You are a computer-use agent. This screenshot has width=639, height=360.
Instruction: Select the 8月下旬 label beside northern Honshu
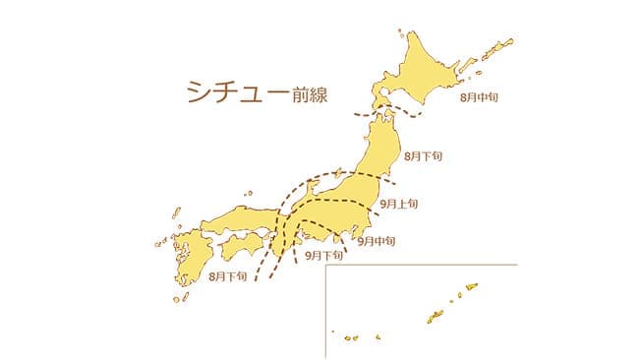425,156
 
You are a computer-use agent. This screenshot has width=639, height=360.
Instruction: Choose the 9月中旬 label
377,240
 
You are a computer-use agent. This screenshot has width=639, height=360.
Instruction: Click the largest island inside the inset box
435,317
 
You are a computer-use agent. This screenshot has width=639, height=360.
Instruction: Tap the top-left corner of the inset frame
327,266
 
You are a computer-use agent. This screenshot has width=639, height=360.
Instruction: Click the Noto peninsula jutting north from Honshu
312,185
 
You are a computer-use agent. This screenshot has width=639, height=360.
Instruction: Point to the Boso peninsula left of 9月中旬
350,235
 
